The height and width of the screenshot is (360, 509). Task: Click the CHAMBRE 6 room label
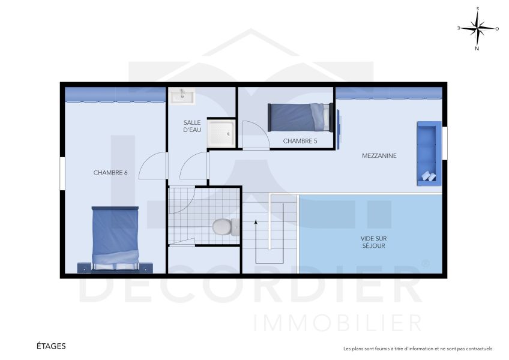[x=110, y=173]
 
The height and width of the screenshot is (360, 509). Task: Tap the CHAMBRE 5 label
[x=300, y=141]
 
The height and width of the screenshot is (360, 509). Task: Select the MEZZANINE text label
[x=379, y=156]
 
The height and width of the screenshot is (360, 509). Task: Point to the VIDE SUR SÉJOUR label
[x=373, y=242]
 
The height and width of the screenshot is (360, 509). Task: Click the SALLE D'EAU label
[x=192, y=126]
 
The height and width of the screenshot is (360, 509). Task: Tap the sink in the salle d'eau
[x=180, y=95]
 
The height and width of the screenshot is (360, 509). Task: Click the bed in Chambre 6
[x=116, y=238]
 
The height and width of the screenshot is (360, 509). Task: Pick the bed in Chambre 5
[x=300, y=118]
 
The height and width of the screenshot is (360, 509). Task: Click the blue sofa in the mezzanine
[x=428, y=153]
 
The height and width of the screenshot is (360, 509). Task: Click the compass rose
[x=478, y=28]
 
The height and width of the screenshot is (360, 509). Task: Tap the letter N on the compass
[x=477, y=49]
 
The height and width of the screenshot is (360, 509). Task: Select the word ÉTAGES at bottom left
[x=51, y=346]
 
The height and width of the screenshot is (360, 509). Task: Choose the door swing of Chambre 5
[x=251, y=135]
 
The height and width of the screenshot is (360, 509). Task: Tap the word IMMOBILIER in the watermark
[x=338, y=322]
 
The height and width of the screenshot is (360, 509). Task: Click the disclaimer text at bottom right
[x=418, y=349]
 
